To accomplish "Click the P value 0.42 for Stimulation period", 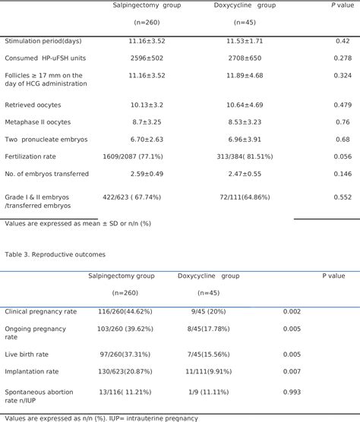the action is [342, 40].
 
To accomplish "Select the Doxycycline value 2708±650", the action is [244, 58].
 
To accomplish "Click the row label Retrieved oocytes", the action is [33, 104].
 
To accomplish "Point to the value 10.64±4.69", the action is [244, 104].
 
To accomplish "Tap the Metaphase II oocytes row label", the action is [38, 121].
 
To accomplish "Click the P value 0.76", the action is [342, 121].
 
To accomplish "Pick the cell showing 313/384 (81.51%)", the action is [245, 156].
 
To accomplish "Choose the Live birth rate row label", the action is [30, 354].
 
